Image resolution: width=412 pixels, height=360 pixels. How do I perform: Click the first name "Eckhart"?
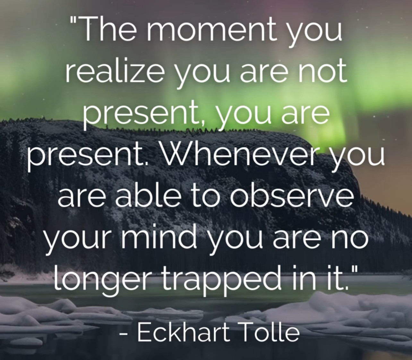(x=184, y=331)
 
